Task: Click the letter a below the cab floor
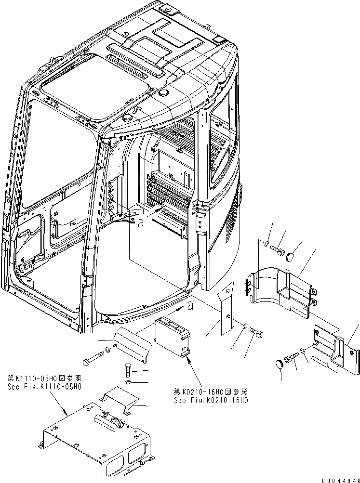tap(191, 305)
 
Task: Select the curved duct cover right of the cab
tap(280, 288)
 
